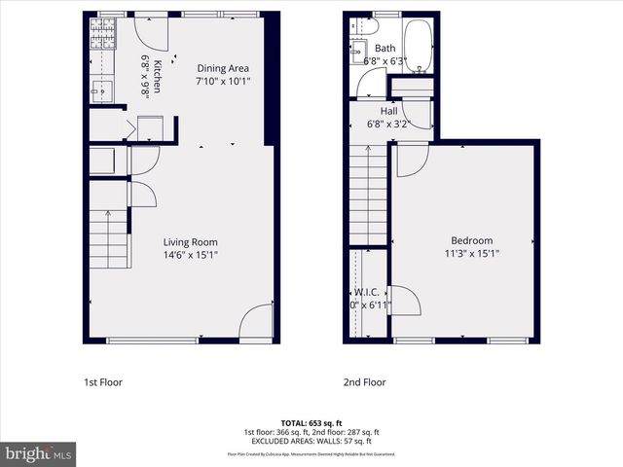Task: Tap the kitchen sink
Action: (x=100, y=92)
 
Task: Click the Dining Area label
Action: (x=223, y=68)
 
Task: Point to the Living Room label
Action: (x=190, y=242)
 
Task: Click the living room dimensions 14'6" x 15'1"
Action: (x=190, y=256)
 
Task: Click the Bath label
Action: (x=385, y=49)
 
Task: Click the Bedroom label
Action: (x=471, y=241)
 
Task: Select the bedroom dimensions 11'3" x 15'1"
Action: (x=471, y=255)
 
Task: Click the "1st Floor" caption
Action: (x=103, y=382)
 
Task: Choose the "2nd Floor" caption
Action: (x=365, y=382)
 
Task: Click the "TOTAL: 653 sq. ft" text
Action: (x=311, y=423)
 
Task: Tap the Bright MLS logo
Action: (x=39, y=453)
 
